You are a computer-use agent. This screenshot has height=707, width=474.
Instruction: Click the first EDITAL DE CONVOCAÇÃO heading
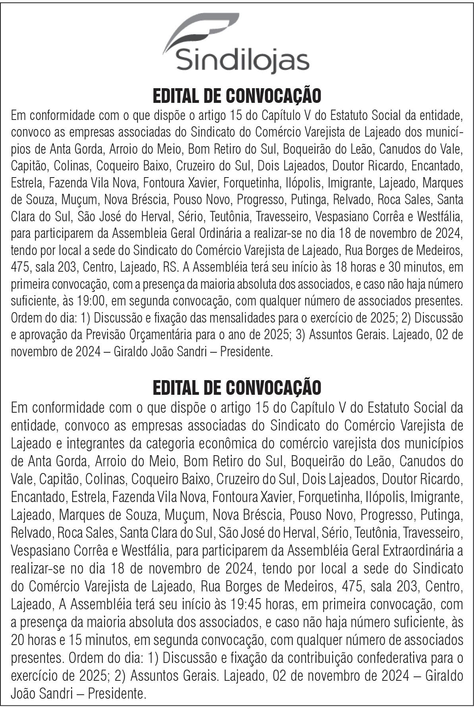coord(237,96)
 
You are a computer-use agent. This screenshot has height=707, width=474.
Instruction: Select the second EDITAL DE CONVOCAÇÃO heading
coord(237,388)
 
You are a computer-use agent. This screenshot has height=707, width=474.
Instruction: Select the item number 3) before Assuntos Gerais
coord(299,335)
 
